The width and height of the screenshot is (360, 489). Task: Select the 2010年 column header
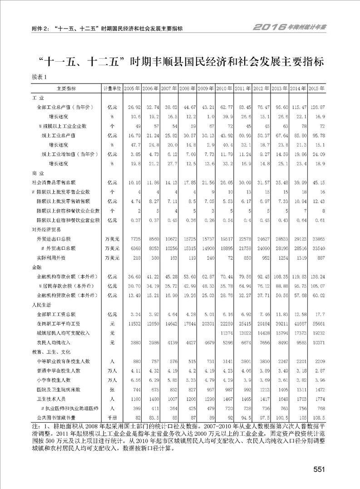[224, 88]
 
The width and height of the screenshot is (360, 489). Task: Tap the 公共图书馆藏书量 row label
[56, 417]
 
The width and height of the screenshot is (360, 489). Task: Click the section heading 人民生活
[39, 305]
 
